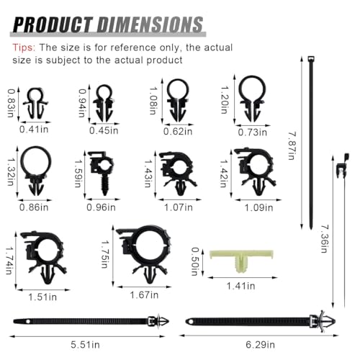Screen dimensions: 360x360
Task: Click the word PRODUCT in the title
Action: (53, 24)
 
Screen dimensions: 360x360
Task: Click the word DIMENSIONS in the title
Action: (150, 24)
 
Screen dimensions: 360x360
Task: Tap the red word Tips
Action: (24, 48)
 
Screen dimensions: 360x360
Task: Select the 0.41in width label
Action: (34, 130)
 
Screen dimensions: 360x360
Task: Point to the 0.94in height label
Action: (82, 103)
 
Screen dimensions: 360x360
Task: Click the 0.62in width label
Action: (178, 131)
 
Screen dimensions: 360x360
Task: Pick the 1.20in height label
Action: (224, 99)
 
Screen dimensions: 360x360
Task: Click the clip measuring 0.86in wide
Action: (36, 171)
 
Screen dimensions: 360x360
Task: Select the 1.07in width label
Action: (179, 207)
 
